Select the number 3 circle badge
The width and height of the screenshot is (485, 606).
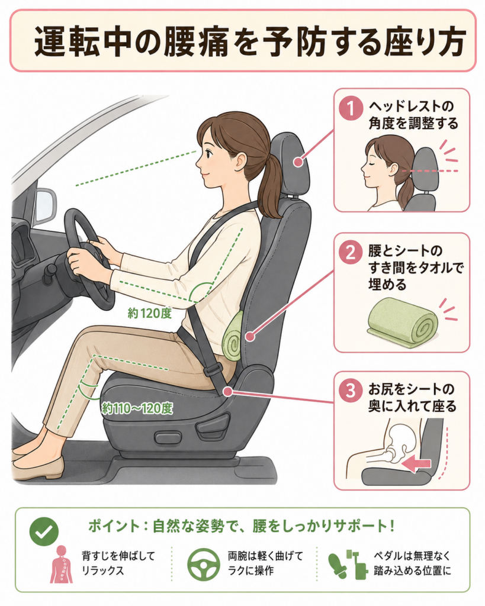pos(351,390)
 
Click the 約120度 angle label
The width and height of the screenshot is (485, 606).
pos(150,313)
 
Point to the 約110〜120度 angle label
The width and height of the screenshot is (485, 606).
pos(137,408)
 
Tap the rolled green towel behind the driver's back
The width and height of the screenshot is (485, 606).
pos(232,336)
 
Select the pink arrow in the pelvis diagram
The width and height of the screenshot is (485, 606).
pos(416,463)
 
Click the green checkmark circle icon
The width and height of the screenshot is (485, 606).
pos(44,531)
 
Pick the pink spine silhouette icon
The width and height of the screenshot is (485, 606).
pos(61,564)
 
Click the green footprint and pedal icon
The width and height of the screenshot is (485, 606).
pos(347,565)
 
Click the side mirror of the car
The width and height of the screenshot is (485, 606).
pos(45,205)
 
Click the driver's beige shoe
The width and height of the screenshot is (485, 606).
pos(37,468)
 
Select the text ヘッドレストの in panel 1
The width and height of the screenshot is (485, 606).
pos(411,106)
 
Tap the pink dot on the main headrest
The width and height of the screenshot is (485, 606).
pos(297,162)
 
